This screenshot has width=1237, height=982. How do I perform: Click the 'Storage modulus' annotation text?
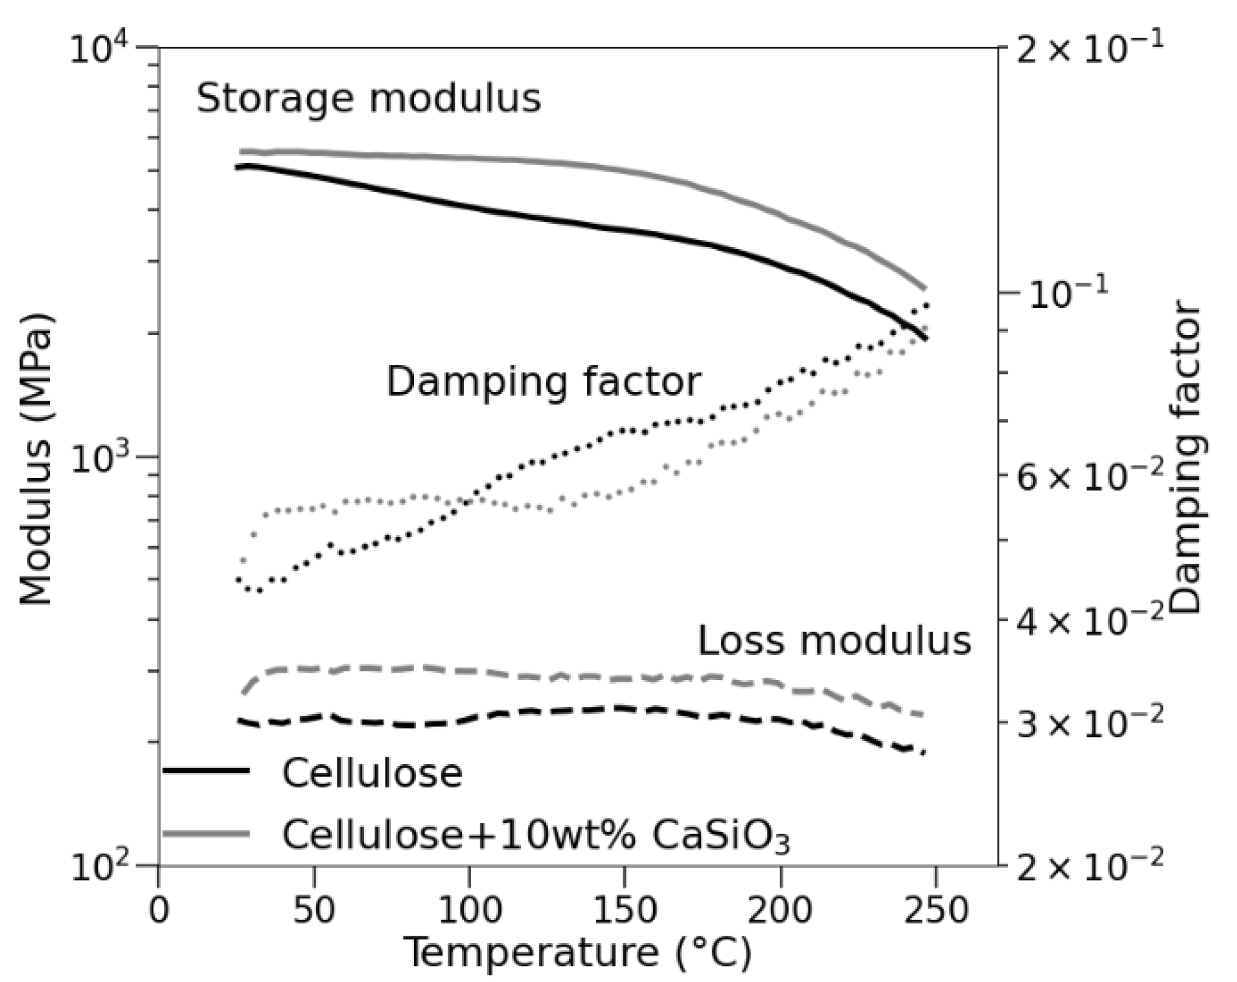(368, 99)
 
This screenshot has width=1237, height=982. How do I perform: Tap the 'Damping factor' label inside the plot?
(544, 382)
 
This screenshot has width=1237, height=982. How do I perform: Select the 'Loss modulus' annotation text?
(834, 640)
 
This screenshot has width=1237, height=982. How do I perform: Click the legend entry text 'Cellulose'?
(372, 773)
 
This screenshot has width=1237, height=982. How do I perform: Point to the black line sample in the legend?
(206, 771)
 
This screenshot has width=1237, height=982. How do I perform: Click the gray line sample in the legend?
(206, 833)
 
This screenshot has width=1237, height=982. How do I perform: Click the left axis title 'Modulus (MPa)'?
(36, 460)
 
